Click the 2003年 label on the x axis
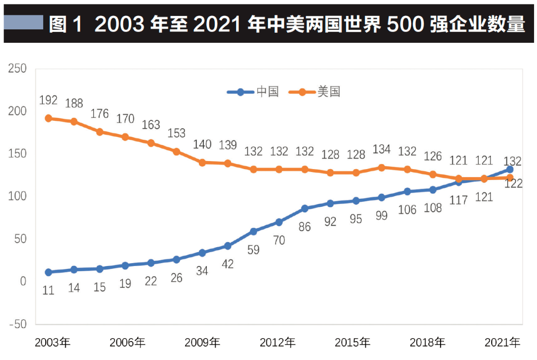53,343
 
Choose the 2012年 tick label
277,343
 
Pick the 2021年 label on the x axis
502,343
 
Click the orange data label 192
48,101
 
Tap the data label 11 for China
48,290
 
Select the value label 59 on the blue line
253,250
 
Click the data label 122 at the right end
513,184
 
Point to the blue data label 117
458,200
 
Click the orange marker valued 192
48,118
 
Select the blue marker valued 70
279,222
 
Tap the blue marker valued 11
48,272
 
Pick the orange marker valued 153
176,151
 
